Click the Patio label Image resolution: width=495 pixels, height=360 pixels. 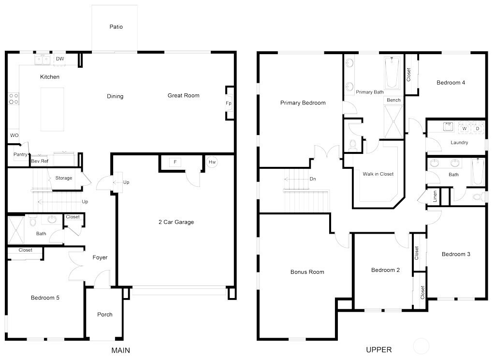(116, 27)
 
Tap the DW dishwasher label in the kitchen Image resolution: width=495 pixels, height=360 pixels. (60, 59)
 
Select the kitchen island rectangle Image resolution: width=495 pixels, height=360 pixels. (52, 109)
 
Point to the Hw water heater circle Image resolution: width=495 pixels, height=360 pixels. (212, 162)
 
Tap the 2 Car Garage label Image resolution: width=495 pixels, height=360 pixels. (176, 222)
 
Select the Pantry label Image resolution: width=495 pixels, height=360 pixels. (20, 155)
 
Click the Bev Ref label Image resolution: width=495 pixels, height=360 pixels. (40, 161)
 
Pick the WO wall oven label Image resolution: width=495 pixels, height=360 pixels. (14, 135)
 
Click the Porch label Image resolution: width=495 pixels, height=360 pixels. (105, 315)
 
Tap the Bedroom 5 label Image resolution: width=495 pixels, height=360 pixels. (45, 298)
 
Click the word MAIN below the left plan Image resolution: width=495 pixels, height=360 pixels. (120, 350)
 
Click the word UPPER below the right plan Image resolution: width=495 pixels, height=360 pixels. (379, 350)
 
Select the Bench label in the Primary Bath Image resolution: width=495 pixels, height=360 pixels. (393, 100)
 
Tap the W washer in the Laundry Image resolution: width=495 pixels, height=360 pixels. (464, 129)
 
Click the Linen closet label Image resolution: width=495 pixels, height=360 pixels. (435, 196)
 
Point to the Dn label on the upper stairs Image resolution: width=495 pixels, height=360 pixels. (313, 179)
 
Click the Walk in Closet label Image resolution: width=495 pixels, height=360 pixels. (378, 174)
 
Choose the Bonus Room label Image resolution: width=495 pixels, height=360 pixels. (307, 272)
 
